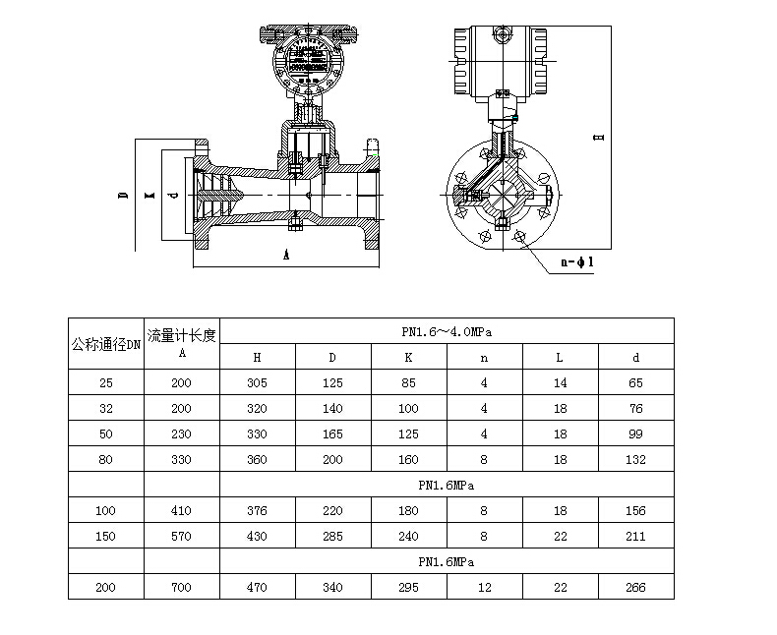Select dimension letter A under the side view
click(x=285, y=254)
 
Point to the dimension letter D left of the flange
click(x=123, y=195)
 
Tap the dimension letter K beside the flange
click(x=149, y=195)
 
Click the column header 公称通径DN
click(x=106, y=344)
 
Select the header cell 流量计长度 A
click(x=181, y=343)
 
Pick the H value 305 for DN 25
click(x=257, y=382)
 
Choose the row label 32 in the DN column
click(x=106, y=408)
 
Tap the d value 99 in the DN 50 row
click(x=635, y=433)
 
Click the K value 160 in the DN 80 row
click(x=408, y=459)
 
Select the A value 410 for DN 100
click(x=181, y=510)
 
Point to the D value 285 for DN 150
click(x=332, y=536)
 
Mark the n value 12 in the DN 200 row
click(x=484, y=587)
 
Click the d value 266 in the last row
click(x=635, y=587)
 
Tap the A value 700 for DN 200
click(x=181, y=587)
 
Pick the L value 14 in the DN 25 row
click(x=560, y=382)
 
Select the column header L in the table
click(x=560, y=357)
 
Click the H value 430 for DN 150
click(x=257, y=536)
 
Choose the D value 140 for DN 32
click(x=332, y=408)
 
